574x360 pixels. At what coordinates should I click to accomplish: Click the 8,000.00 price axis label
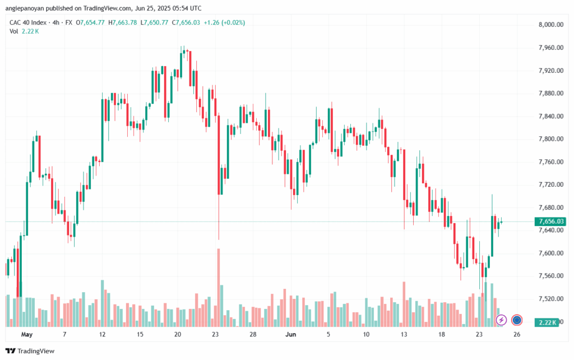coord(550,25)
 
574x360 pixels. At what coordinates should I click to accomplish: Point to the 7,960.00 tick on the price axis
coord(550,48)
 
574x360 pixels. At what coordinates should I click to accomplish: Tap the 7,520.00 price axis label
coord(550,299)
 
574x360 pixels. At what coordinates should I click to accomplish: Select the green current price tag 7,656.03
coord(550,221)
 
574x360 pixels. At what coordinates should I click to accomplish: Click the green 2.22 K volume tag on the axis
coord(547,322)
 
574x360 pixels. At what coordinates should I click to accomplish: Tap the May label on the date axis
coord(27,334)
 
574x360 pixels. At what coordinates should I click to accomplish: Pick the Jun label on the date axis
coord(290,334)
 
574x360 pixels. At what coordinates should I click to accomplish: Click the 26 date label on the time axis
coord(517,334)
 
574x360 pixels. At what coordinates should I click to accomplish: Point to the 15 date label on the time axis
coord(140,334)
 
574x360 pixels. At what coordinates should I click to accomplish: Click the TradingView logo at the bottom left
coord(30,351)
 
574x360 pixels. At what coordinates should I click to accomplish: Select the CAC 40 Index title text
coord(28,22)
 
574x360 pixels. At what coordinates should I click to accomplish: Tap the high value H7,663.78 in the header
coord(123,22)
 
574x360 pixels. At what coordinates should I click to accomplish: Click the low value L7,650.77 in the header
coord(155,22)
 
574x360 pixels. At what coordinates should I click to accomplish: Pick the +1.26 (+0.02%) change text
coord(224,22)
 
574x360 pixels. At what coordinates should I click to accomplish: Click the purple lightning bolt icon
coord(501,320)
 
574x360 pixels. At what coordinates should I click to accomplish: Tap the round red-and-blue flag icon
coord(517,320)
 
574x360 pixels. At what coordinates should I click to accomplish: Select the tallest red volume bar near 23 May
coord(219,288)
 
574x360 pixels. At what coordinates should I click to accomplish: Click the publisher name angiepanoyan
coord(25,8)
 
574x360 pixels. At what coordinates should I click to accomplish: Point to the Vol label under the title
coord(13,31)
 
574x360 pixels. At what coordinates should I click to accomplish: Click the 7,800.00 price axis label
coord(550,139)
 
